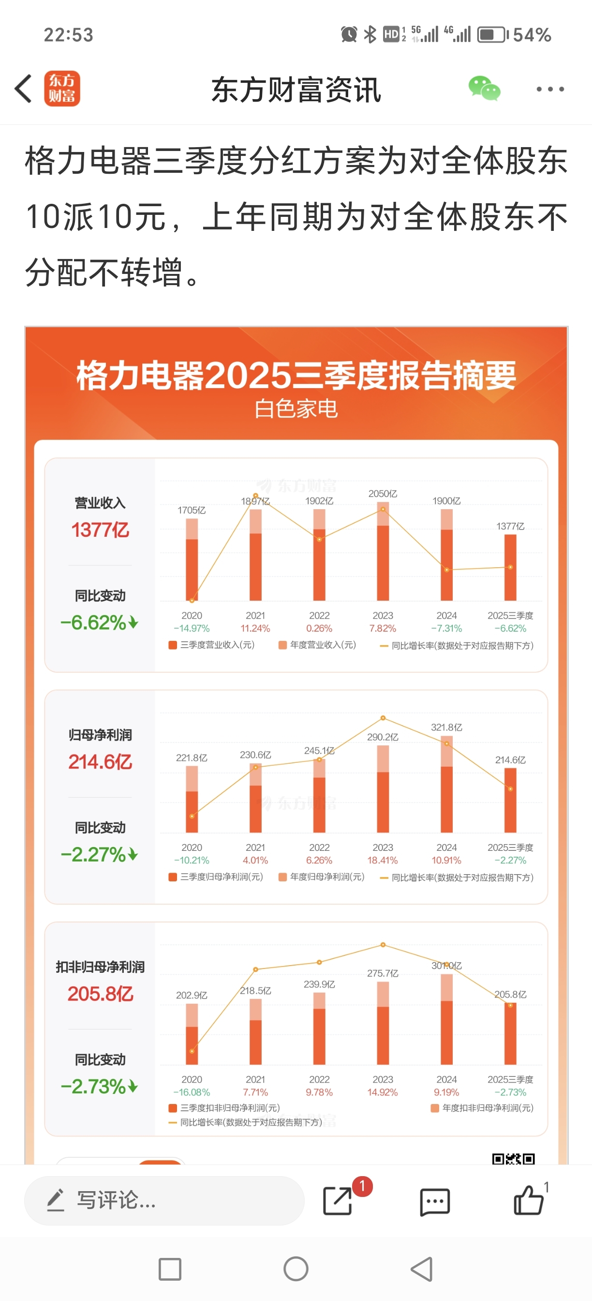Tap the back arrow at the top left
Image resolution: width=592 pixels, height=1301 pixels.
[x=23, y=89]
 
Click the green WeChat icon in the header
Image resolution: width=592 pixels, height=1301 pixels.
[x=484, y=89]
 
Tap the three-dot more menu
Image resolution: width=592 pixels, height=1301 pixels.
[x=549, y=90]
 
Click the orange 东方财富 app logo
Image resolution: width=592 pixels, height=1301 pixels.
[x=62, y=89]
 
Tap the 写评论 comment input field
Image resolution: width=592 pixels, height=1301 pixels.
[x=164, y=1200]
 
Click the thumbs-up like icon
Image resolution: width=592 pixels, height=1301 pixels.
[x=529, y=1200]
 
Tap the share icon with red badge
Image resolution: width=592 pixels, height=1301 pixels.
[x=338, y=1200]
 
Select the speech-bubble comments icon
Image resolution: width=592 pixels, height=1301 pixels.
[x=434, y=1201]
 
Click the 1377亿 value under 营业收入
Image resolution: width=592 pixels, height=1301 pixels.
[x=100, y=530]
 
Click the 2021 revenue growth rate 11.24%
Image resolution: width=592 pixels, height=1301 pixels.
[x=255, y=629]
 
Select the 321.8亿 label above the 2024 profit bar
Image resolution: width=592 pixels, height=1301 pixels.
[x=446, y=727]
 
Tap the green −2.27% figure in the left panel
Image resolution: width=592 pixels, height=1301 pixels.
[x=94, y=855]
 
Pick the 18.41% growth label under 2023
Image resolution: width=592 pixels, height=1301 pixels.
[x=383, y=861]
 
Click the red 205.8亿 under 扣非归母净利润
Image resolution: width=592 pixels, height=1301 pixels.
[x=100, y=994]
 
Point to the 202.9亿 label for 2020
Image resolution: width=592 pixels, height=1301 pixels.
[x=191, y=996]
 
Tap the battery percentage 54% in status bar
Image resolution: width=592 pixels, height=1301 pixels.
[x=532, y=35]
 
